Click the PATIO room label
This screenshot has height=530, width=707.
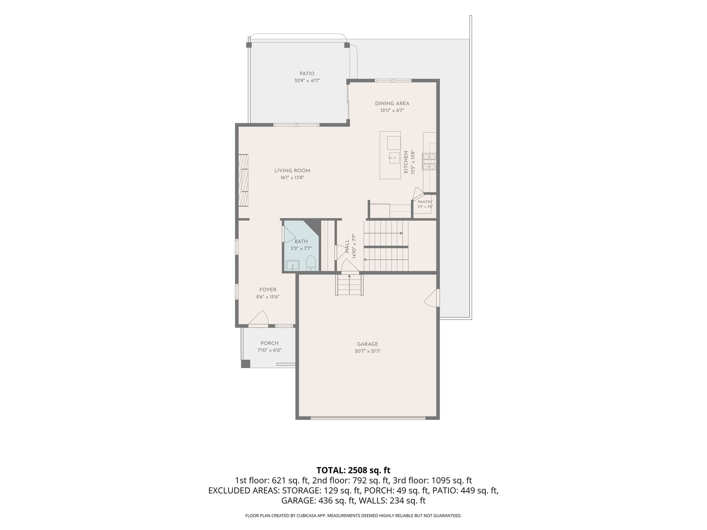click(x=307, y=73)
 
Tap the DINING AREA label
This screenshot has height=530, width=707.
click(x=392, y=103)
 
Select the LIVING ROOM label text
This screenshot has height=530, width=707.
click(x=292, y=170)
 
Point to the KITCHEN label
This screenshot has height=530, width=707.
click(x=406, y=162)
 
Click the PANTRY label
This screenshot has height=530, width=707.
click(x=425, y=202)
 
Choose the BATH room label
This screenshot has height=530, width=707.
click(x=301, y=242)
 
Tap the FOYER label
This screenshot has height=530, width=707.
click(x=268, y=290)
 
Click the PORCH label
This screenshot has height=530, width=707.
click(x=270, y=343)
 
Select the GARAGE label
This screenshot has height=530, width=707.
click(x=368, y=344)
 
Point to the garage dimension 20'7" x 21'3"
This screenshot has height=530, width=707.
click(x=368, y=351)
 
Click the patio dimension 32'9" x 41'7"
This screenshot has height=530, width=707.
click(x=307, y=81)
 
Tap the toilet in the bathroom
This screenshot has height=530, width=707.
click(x=311, y=263)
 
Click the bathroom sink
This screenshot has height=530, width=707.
click(x=293, y=265)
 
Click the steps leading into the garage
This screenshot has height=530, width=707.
click(x=349, y=285)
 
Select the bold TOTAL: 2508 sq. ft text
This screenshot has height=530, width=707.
click(x=353, y=470)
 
